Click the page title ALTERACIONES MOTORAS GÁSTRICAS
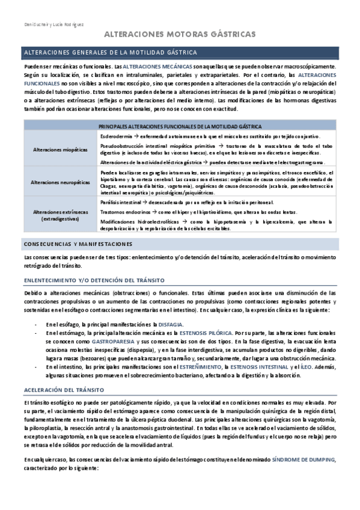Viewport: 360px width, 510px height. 180,35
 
